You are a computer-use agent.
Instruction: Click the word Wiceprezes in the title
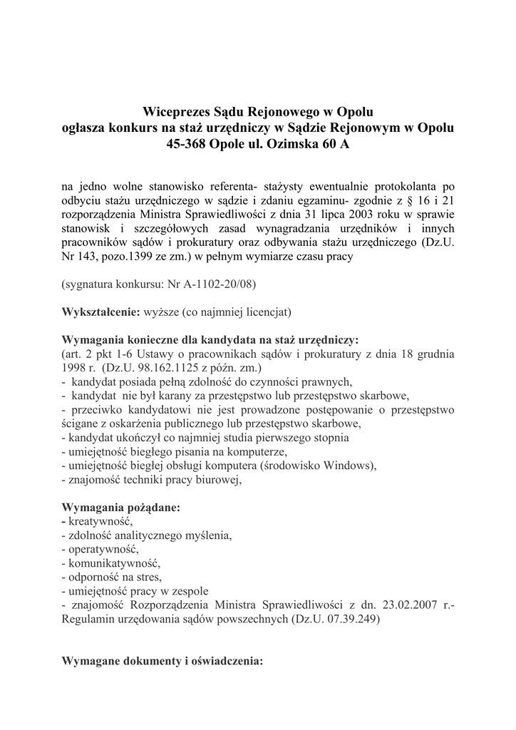175,112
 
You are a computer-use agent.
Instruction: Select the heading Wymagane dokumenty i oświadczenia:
163,660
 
